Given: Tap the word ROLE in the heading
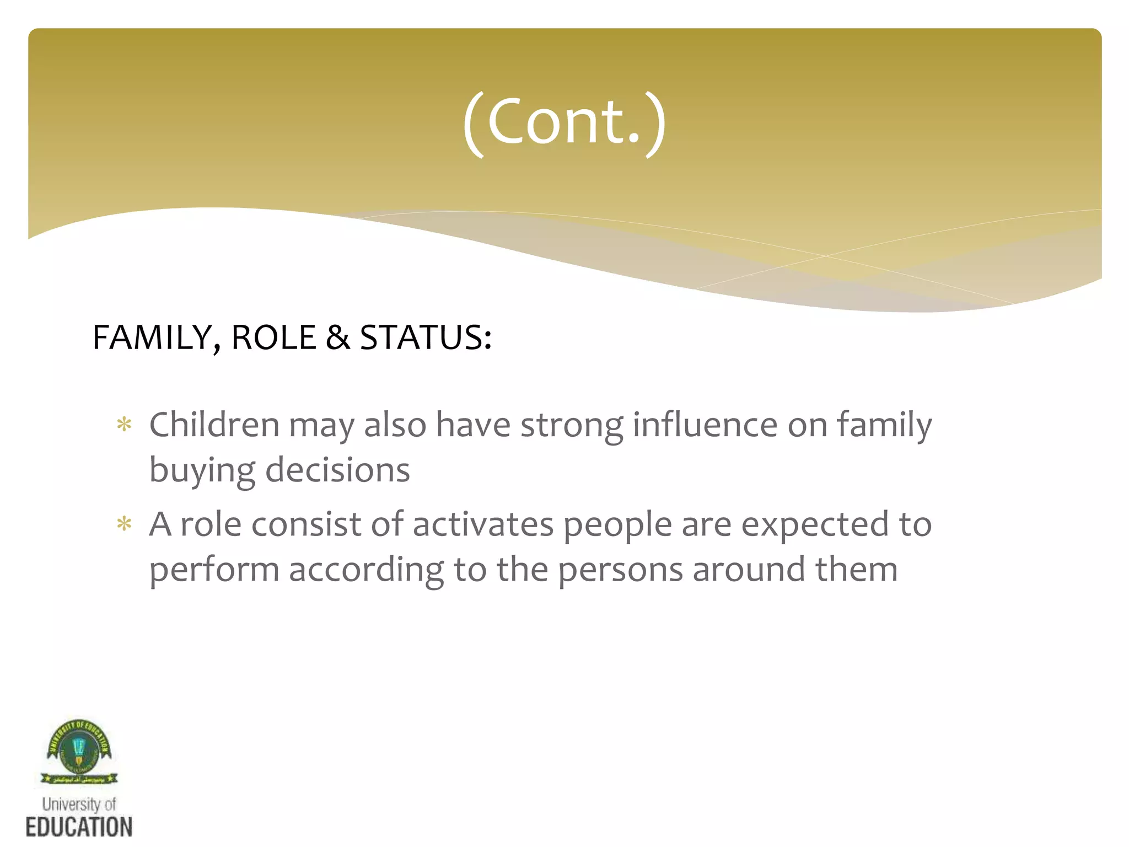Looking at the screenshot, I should coord(273,337).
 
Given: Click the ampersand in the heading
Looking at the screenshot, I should coord(338,337).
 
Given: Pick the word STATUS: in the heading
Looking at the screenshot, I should coord(425,337).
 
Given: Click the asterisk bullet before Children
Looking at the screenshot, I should coord(125,425).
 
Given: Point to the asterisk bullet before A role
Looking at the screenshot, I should coord(125,524).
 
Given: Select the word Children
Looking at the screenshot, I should coord(214,425).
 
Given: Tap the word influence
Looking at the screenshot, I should coord(705,425).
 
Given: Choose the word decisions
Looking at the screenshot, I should coord(337,470).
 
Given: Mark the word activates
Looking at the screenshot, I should coord(483,524).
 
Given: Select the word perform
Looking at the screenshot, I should coord(214,571).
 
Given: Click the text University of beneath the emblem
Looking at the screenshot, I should coord(79,804).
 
